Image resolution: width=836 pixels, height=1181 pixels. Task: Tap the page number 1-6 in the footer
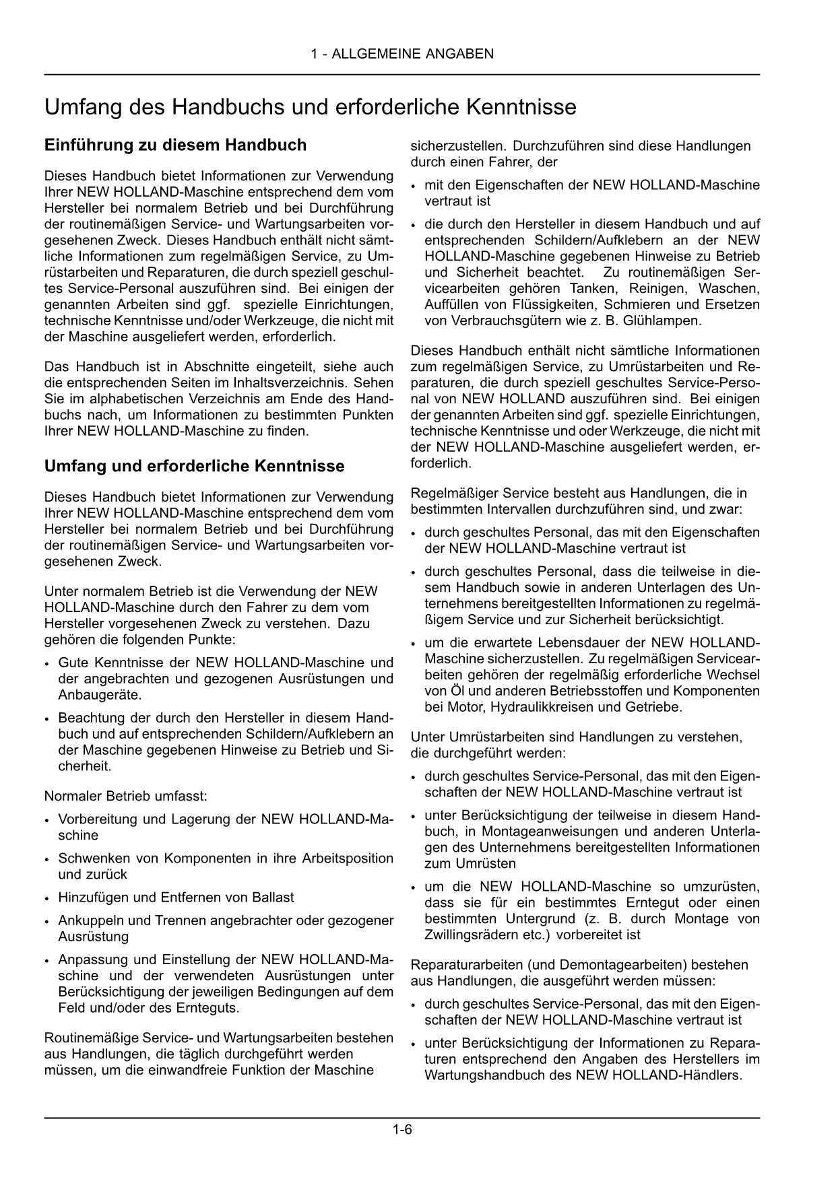tap(402, 1130)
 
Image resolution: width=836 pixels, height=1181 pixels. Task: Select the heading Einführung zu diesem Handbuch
tap(175, 145)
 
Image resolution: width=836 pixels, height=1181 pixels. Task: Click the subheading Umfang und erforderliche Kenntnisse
tap(194, 466)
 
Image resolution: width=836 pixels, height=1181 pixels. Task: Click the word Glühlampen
tap(665, 320)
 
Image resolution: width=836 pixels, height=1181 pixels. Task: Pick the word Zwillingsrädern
tap(467, 935)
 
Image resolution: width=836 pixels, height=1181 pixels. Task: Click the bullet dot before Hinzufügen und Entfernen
tap(46, 898)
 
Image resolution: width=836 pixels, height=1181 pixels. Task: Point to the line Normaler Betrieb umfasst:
tap(125, 796)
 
